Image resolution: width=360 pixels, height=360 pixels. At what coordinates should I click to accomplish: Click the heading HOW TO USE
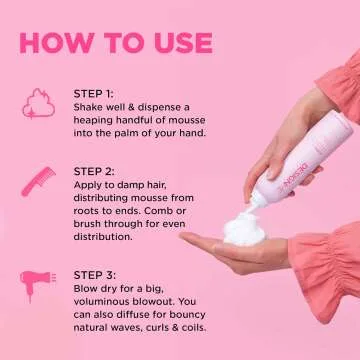click(x=115, y=42)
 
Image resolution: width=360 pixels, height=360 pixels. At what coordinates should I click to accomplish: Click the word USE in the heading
click(x=177, y=42)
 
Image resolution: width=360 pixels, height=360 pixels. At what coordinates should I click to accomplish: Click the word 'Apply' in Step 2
click(x=90, y=184)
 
